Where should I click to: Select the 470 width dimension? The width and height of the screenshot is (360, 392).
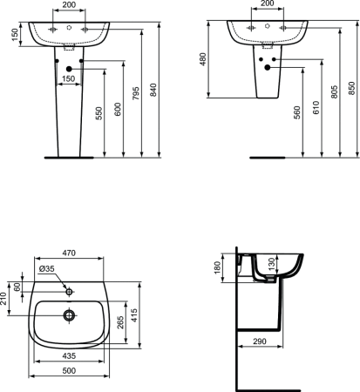pyautogui.click(x=70, y=253)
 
